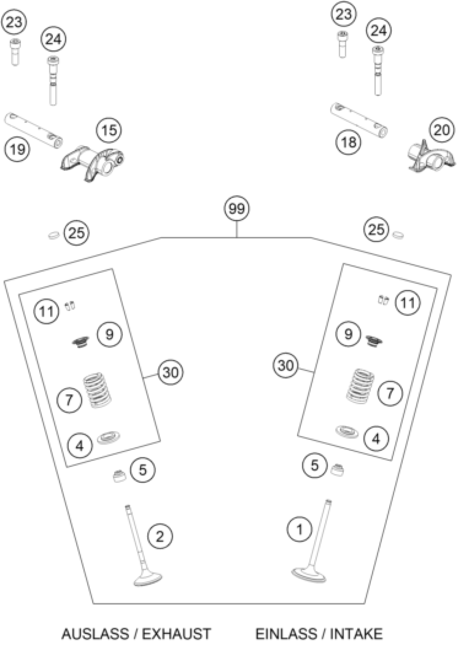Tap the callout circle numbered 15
point(109,130)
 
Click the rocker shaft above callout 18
point(359,120)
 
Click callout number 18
point(348,142)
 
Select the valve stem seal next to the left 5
point(119,476)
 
